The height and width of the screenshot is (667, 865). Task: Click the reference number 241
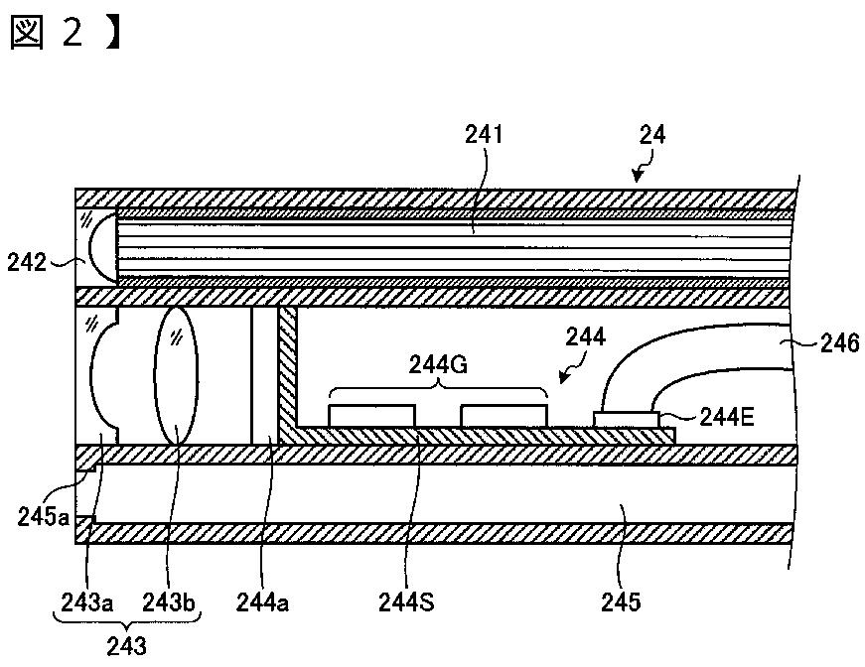(x=484, y=135)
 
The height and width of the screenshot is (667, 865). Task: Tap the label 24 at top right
(x=652, y=135)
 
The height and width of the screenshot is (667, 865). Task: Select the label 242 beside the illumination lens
(x=27, y=262)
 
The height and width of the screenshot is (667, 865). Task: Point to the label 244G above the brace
(x=439, y=365)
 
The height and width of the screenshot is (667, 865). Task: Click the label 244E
(x=727, y=417)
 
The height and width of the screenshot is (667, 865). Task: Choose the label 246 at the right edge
(x=839, y=343)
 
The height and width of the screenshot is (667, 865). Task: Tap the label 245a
(x=43, y=517)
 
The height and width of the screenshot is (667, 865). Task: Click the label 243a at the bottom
(x=87, y=603)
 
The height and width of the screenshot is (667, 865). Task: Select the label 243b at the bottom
(x=169, y=603)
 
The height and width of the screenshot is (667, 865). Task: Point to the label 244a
(x=262, y=603)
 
